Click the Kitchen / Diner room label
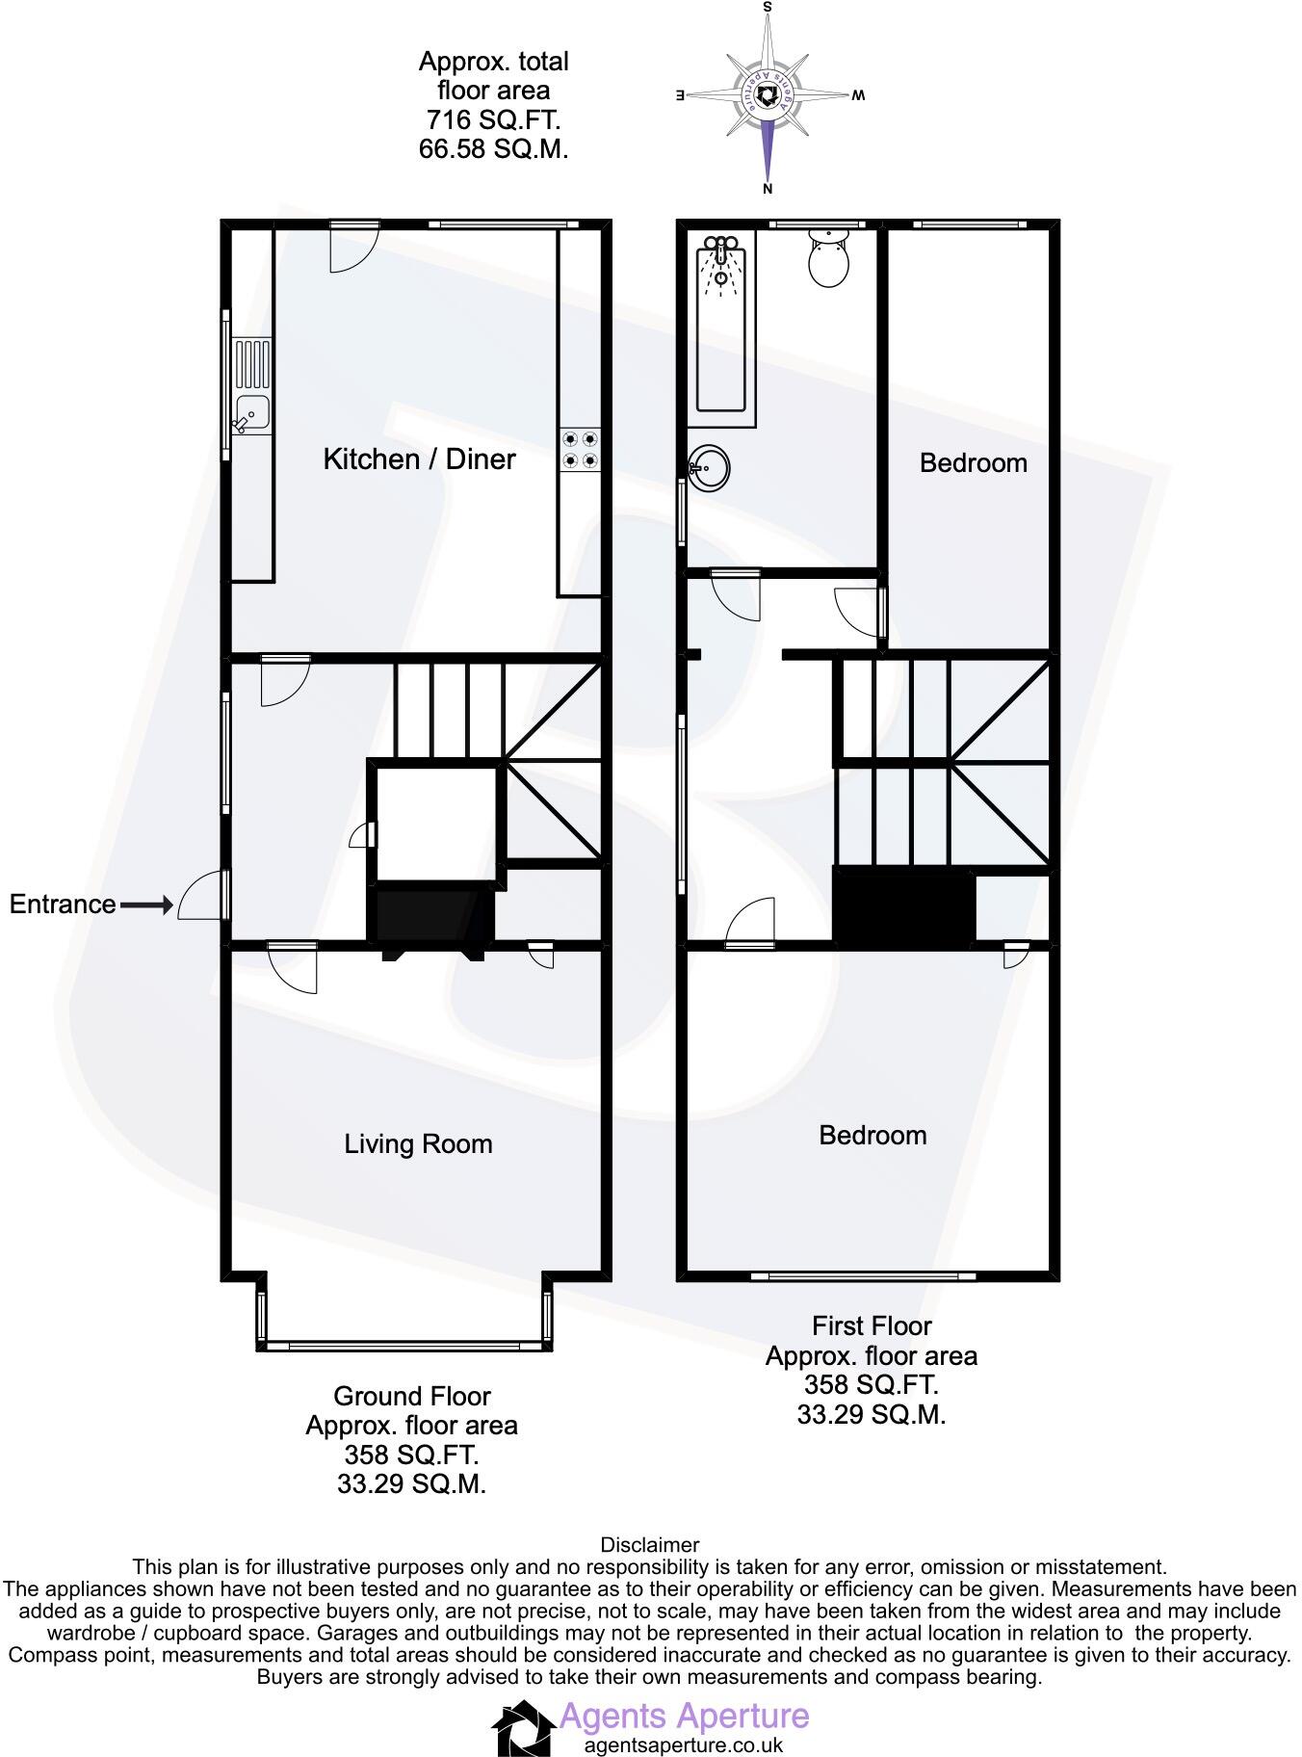click(419, 459)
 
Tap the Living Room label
click(418, 1144)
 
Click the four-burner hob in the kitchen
click(580, 450)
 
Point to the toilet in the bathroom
click(828, 257)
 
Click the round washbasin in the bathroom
click(710, 469)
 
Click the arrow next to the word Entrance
click(146, 905)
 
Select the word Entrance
click(63, 905)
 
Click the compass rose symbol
click(768, 94)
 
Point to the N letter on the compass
click(768, 189)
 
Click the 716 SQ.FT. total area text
click(493, 120)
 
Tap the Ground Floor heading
click(411, 1396)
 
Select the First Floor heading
click(872, 1326)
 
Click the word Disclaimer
click(650, 1545)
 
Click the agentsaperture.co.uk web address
click(684, 1744)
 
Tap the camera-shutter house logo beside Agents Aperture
click(523, 1728)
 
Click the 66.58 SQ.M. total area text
click(493, 149)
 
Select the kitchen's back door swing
click(353, 248)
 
